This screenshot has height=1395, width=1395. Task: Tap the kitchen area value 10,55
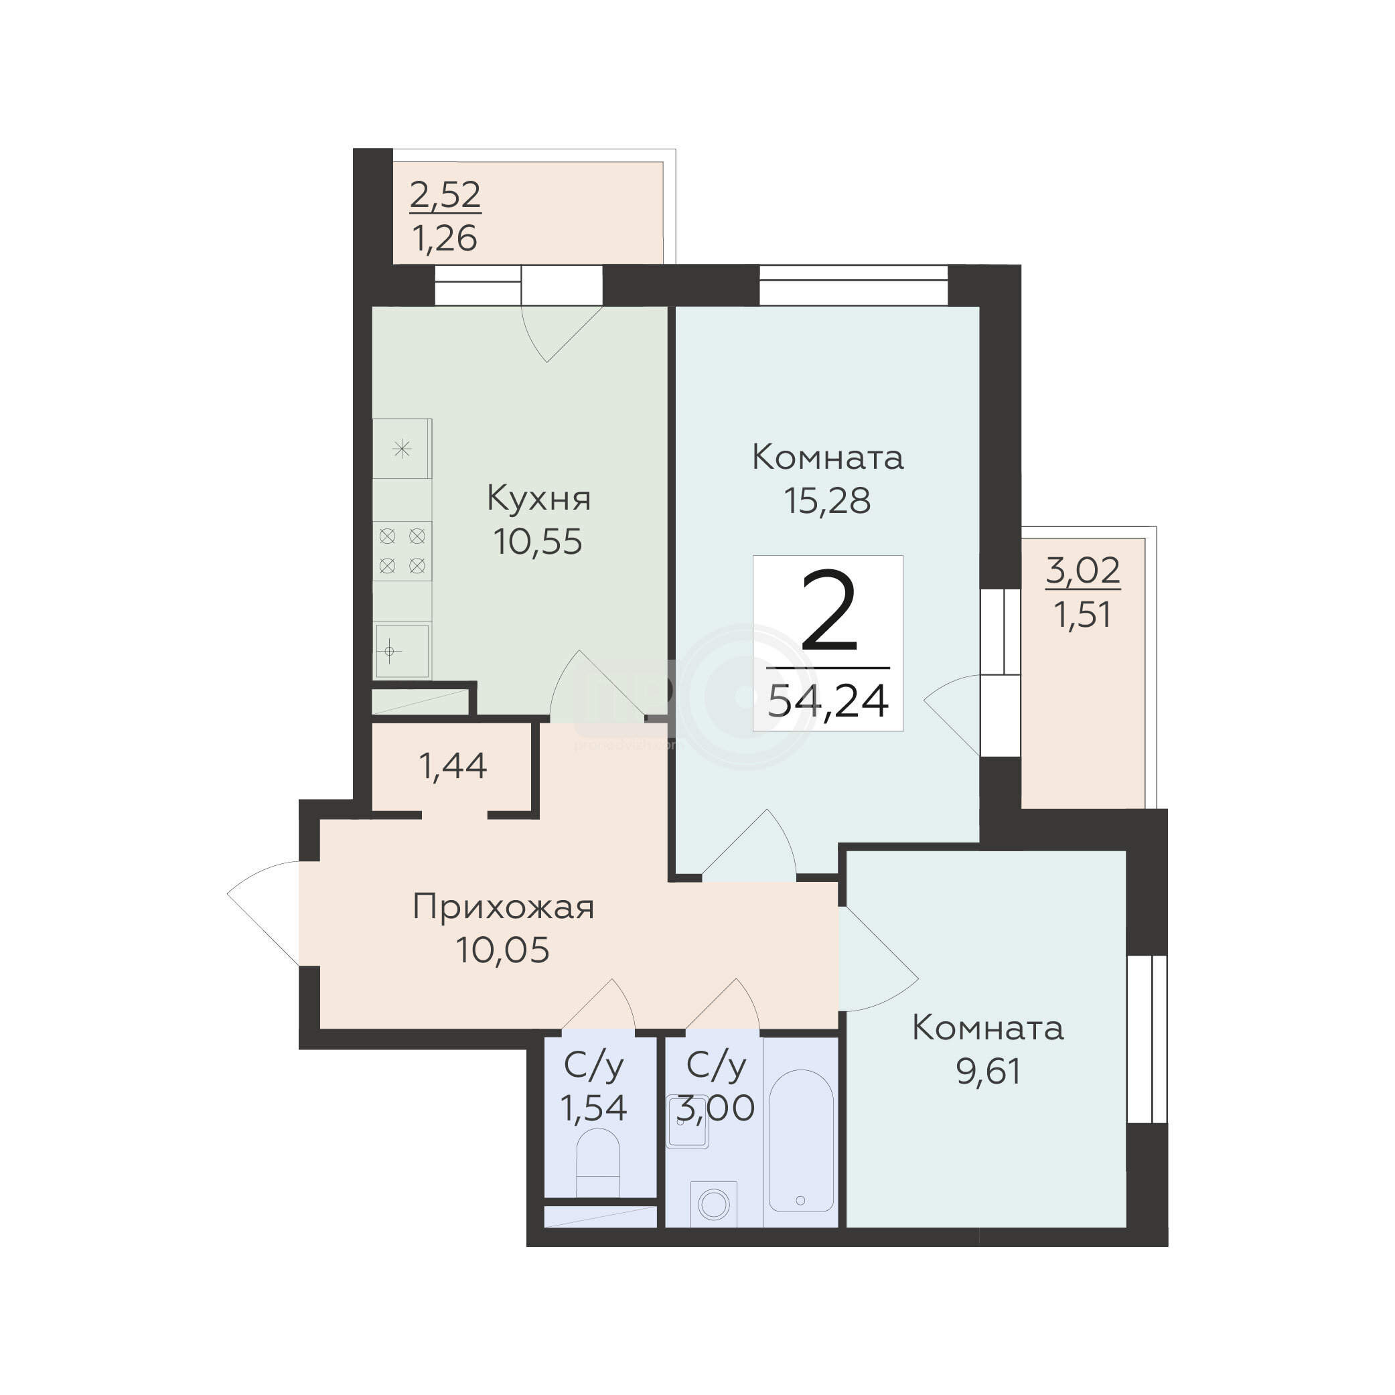tap(538, 542)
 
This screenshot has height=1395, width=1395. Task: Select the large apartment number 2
tap(829, 611)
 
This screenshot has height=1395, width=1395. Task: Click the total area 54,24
tap(828, 701)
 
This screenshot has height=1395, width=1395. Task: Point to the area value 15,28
tap(828, 500)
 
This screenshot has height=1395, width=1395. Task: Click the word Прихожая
tap(503, 908)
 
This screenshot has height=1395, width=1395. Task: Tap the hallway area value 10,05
tap(502, 950)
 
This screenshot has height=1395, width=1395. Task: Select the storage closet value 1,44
tap(453, 766)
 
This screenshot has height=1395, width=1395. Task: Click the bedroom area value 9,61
tap(988, 1072)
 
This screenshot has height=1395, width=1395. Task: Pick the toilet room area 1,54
tap(594, 1108)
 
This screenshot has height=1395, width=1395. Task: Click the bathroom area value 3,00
tap(715, 1108)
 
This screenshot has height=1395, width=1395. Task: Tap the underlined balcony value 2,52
tap(445, 195)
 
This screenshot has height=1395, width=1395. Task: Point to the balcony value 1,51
tap(1082, 615)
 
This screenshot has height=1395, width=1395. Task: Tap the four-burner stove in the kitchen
tap(402, 550)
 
